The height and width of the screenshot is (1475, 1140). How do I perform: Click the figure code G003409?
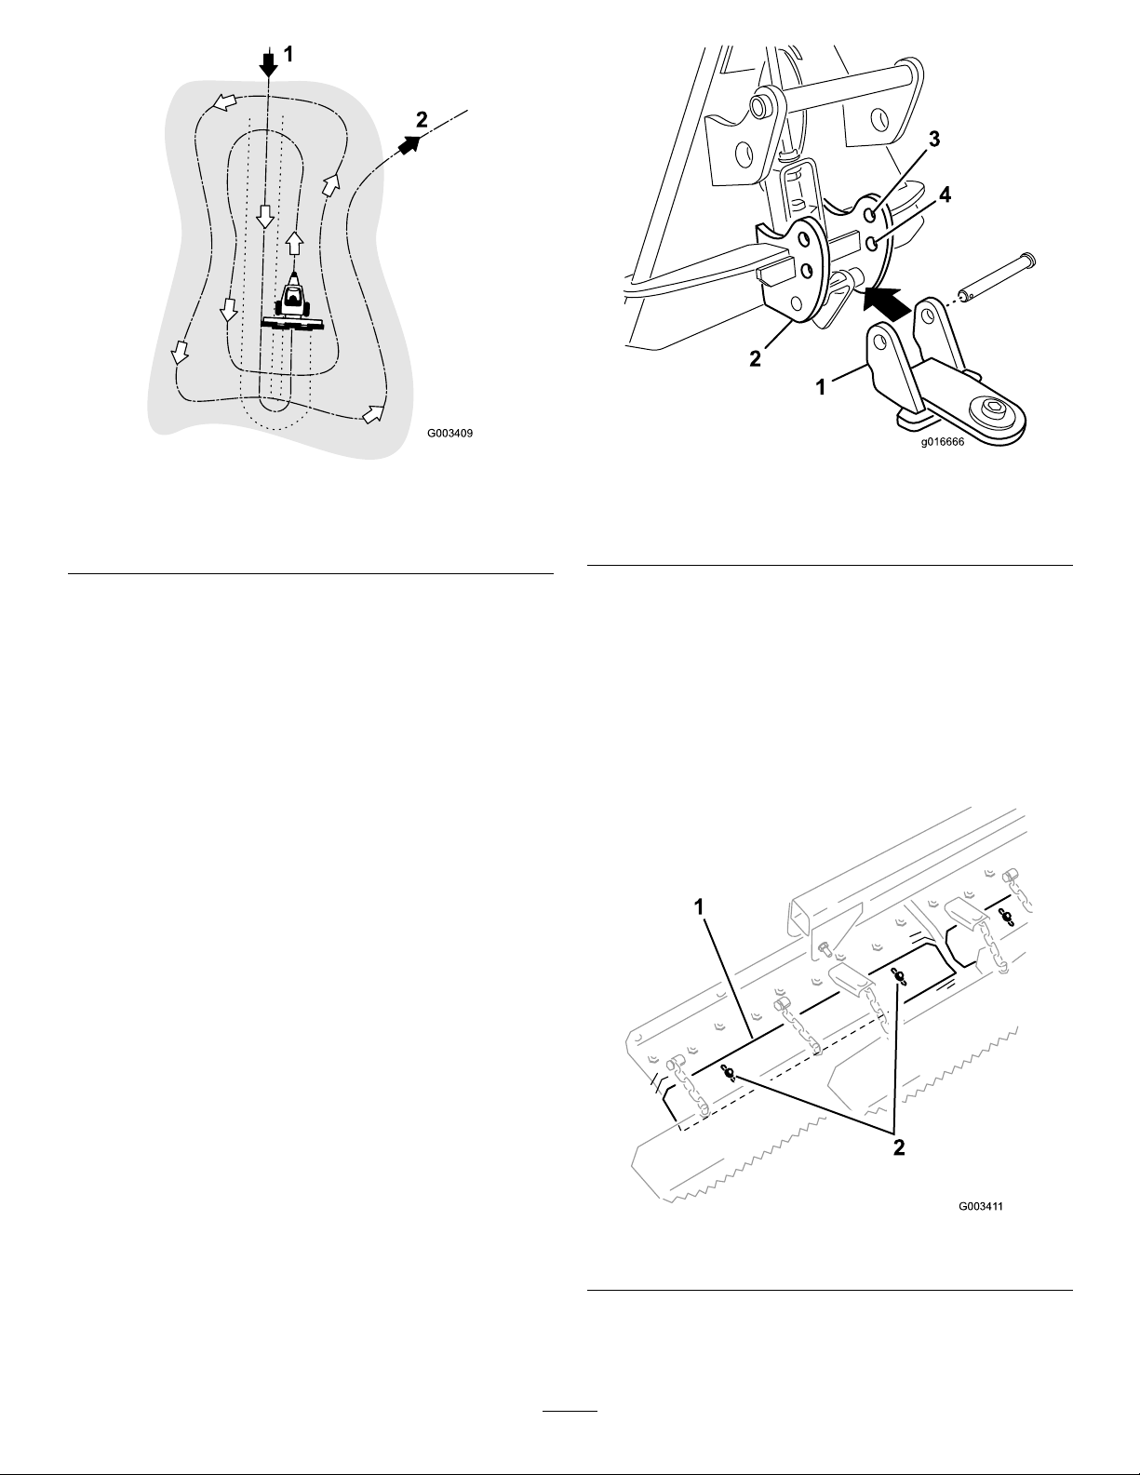coord(449,433)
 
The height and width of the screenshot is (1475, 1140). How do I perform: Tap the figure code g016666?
coord(943,441)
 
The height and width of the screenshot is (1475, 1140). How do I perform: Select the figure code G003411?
coord(981,1206)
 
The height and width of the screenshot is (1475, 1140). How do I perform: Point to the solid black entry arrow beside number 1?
coord(269,63)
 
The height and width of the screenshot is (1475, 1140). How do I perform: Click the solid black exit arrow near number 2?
coord(408,144)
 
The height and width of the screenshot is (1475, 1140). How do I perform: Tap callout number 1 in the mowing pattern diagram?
coord(288,54)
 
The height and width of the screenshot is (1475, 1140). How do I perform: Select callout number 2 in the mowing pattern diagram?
coord(422,119)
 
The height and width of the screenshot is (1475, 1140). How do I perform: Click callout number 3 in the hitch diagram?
coord(934,140)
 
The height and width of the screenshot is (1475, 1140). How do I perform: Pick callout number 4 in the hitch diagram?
coord(945,194)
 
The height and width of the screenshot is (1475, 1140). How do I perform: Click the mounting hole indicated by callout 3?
coord(870,215)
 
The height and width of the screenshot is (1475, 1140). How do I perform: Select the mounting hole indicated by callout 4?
coord(872,242)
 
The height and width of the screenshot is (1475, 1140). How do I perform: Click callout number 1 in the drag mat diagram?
coord(700,906)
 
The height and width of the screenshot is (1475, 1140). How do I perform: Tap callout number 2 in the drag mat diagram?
coord(898,1147)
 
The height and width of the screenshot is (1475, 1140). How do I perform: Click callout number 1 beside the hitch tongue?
coord(821,387)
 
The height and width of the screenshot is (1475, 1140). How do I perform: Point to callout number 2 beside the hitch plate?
coord(756,357)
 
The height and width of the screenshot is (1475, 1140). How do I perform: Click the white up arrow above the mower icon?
coord(293,242)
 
